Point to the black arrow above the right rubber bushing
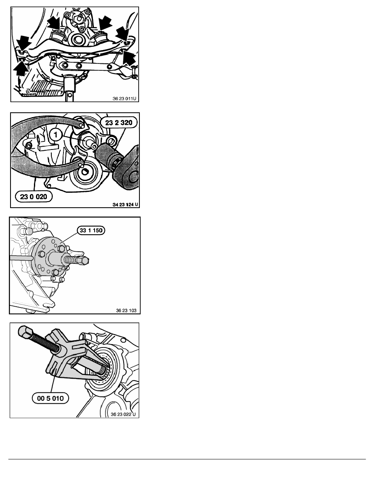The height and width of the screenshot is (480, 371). click(x=105, y=22)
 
